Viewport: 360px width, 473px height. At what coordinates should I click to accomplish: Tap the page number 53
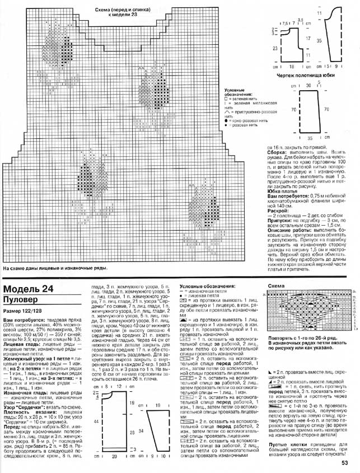pyautogui.click(x=345, y=462)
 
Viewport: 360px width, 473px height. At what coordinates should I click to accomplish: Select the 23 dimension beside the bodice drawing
pyautogui.click(x=275, y=49)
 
